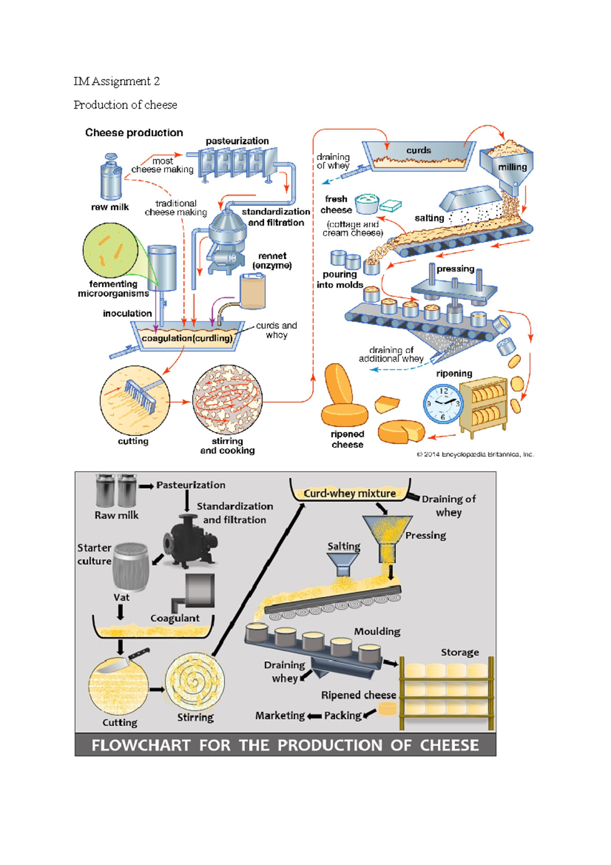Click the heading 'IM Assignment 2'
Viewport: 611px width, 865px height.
click(x=117, y=82)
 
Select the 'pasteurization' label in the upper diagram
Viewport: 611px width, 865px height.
click(x=237, y=141)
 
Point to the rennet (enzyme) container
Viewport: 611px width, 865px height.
click(x=253, y=292)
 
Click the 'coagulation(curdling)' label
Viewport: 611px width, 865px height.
click(x=187, y=338)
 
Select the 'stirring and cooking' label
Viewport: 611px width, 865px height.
click(x=227, y=446)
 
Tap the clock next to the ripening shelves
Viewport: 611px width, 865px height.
click(x=442, y=403)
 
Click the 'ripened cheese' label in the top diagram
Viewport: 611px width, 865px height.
click(x=347, y=439)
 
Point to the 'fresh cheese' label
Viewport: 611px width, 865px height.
click(x=336, y=204)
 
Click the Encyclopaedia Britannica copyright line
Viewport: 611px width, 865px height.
click(x=475, y=454)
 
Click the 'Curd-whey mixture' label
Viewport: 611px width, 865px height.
click(x=349, y=494)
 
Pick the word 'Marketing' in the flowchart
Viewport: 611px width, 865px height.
click(x=280, y=716)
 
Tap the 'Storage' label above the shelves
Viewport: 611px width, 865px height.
click(x=459, y=653)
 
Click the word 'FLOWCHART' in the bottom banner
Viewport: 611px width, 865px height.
click(x=141, y=745)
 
